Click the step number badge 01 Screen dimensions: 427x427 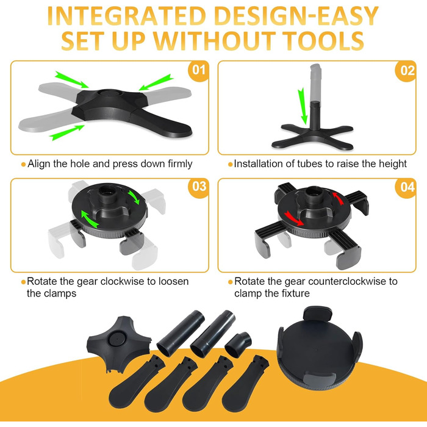(198, 71)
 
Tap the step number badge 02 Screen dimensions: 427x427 (406, 71)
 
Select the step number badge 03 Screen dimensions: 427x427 (198, 188)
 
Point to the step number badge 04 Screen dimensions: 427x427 (406, 188)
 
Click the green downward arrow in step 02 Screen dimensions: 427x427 (303, 106)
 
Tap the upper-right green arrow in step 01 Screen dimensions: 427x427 (156, 82)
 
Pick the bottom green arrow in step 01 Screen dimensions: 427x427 (67, 132)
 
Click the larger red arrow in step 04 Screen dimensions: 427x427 (293, 218)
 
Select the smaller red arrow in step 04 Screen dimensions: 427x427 (337, 198)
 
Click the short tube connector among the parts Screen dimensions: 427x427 (238, 344)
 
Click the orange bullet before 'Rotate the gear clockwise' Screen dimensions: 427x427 (23, 282)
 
